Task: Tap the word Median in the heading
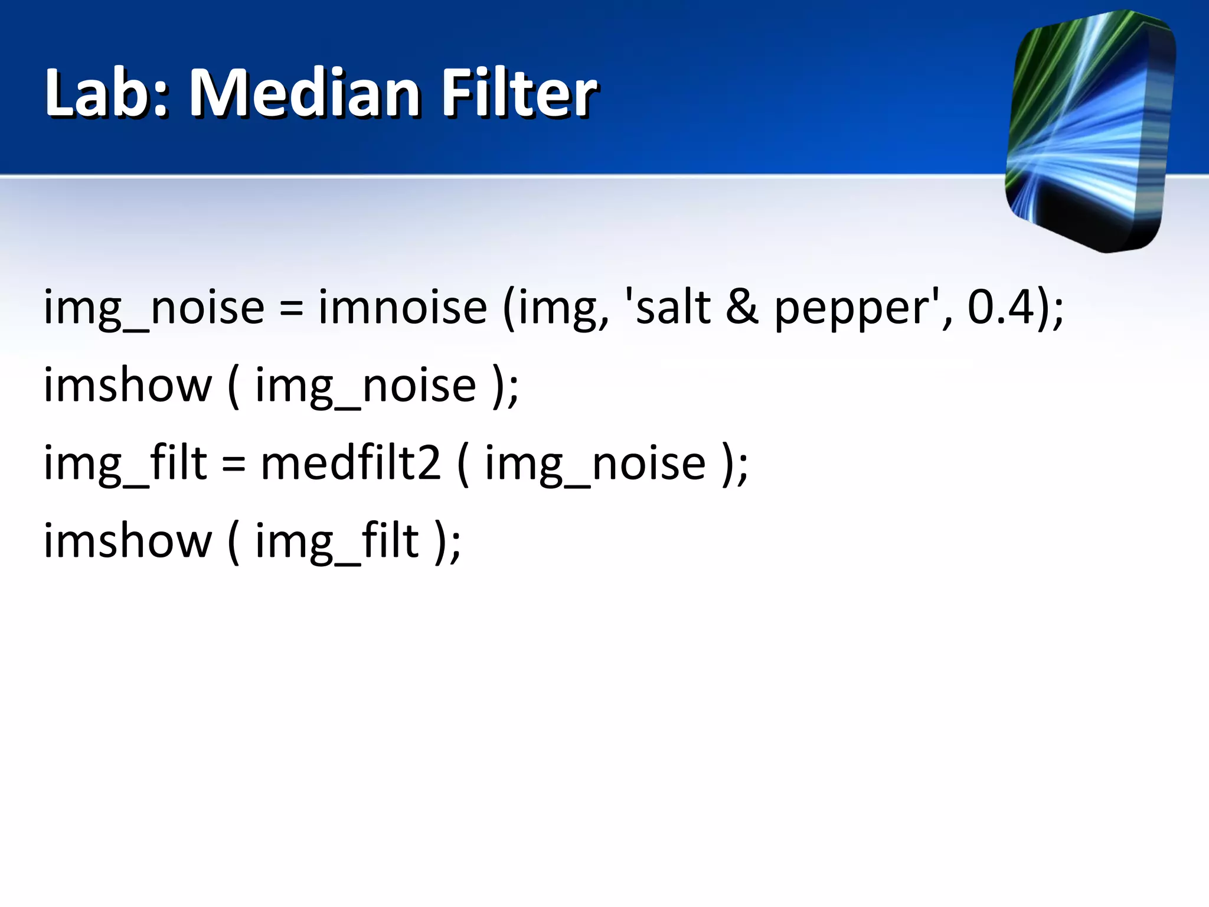[x=305, y=93]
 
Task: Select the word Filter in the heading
[x=519, y=93]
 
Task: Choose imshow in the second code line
[x=128, y=385]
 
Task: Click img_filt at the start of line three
[x=125, y=464]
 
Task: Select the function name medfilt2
[x=351, y=462]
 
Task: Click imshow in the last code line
[x=128, y=540]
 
